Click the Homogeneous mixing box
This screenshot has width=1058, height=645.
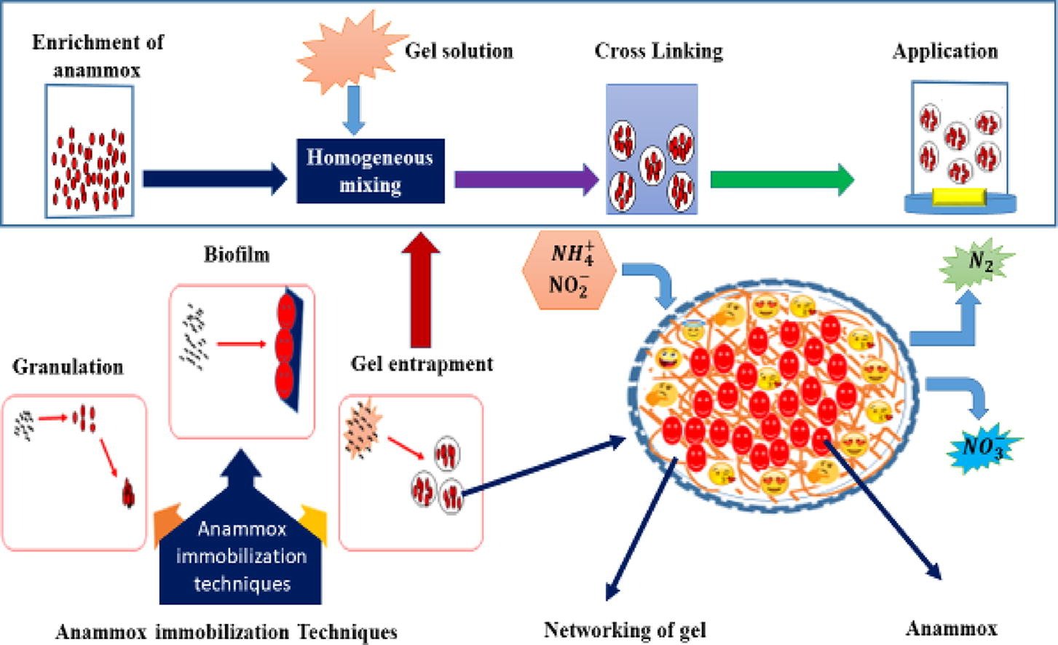[370, 171]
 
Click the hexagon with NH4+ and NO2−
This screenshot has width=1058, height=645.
[569, 270]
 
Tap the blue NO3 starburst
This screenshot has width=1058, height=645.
[984, 446]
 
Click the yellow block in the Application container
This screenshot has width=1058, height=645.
[959, 195]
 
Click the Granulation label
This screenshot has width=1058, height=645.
[68, 366]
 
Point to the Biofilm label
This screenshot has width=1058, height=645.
[237, 255]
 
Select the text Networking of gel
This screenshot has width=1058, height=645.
[625, 630]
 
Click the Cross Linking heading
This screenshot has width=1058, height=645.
[658, 51]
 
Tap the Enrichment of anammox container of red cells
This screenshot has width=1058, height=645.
[90, 151]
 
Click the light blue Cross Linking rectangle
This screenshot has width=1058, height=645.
[652, 149]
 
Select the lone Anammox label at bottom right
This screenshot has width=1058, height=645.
[951, 628]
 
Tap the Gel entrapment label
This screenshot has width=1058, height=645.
[422, 364]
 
